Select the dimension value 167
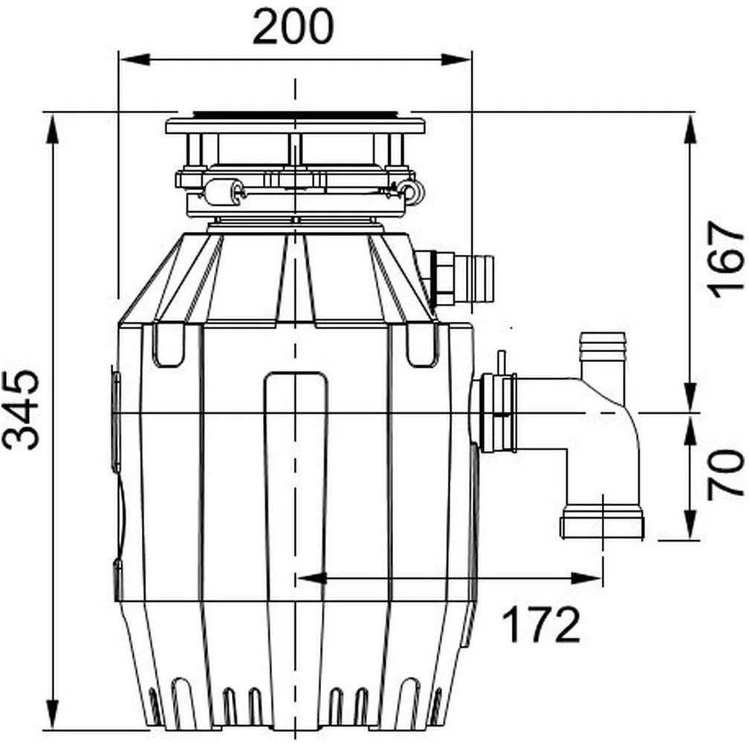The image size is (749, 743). [x=725, y=259]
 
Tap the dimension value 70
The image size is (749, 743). [x=725, y=474]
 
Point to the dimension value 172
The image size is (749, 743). [x=542, y=624]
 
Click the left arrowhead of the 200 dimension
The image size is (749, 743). [x=134, y=59]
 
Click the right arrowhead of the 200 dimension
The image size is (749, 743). [x=456, y=59]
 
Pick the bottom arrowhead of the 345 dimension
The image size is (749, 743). [x=53, y=714]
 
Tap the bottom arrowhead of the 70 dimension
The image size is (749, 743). [x=692, y=525]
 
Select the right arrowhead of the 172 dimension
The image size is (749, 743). [x=586, y=578]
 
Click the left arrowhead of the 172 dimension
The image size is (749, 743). [x=312, y=578]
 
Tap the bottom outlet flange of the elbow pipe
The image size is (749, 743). [x=603, y=525]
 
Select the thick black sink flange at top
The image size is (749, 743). [x=295, y=114]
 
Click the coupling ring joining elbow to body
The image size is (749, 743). [x=499, y=412]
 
